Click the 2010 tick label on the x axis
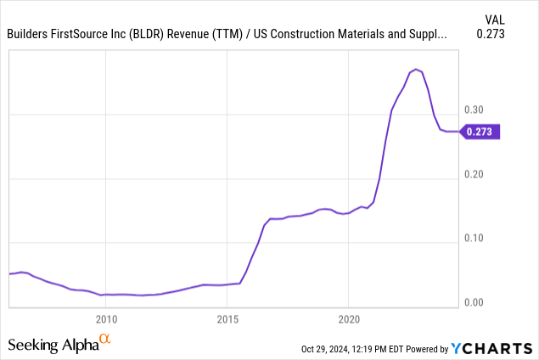coord(106,320)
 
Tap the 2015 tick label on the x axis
coord(227,320)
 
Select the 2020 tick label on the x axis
coord(350,320)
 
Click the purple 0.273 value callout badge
coord(482,132)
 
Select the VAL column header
coord(496,18)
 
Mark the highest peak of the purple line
coord(416,69)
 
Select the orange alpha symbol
coord(105,340)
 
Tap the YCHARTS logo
coord(493,348)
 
